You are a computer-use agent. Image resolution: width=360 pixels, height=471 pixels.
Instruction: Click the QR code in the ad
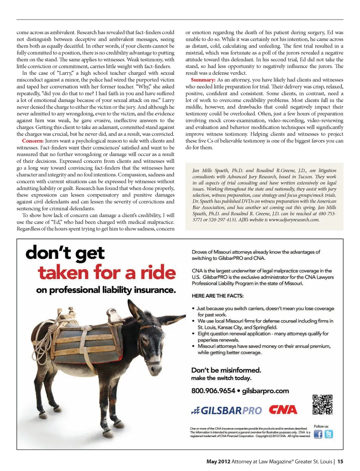322,404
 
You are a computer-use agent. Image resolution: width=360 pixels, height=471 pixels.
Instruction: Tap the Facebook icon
318,434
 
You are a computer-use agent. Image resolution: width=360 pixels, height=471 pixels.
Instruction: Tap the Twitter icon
329,434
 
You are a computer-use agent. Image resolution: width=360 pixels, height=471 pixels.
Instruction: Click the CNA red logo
283,410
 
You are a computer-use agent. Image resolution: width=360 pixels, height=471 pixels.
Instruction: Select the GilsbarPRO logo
226,411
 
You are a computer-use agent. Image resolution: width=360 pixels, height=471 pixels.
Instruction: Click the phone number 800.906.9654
213,391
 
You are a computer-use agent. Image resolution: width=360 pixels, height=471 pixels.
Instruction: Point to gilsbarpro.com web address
265,391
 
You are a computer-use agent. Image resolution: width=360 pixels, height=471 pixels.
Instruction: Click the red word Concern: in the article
33,141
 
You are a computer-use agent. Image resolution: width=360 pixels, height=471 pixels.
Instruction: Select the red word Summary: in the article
203,80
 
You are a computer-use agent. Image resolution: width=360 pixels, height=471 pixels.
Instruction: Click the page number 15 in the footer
340,461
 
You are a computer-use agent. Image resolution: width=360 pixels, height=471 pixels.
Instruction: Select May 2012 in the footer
218,461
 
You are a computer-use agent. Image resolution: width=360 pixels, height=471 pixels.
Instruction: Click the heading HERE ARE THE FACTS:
217,296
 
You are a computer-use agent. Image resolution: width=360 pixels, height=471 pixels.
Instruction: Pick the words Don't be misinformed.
226,370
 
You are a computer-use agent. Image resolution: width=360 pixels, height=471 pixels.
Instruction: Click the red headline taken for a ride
106,272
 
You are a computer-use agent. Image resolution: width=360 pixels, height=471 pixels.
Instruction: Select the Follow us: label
321,426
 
